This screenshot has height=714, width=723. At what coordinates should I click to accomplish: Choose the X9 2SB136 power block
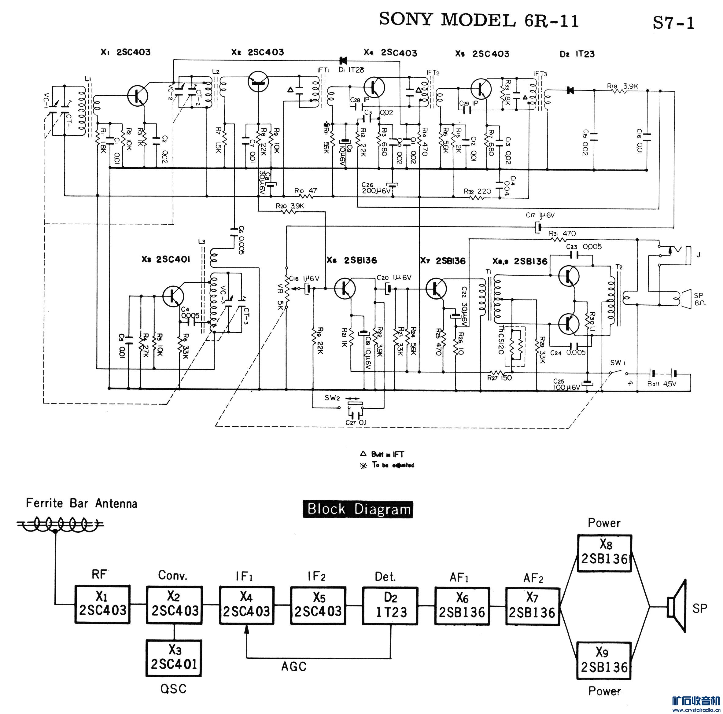[x=604, y=661]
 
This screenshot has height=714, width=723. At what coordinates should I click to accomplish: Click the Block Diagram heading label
[x=358, y=509]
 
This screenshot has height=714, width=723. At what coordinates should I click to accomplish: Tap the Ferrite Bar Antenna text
[x=82, y=503]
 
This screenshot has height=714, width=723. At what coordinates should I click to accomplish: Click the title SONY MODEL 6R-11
[x=479, y=20]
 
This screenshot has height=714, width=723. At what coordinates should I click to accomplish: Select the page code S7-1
[x=673, y=23]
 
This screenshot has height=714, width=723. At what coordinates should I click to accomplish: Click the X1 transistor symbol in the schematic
[x=138, y=96]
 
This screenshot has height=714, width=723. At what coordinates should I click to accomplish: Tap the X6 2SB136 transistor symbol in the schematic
[x=345, y=288]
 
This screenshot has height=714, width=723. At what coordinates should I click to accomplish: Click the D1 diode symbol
[x=342, y=60]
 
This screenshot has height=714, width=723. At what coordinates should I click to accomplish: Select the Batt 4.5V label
[x=662, y=384]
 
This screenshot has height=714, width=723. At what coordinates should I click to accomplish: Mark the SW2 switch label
[x=332, y=398]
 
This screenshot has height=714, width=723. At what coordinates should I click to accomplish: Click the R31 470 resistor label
[x=562, y=234]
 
